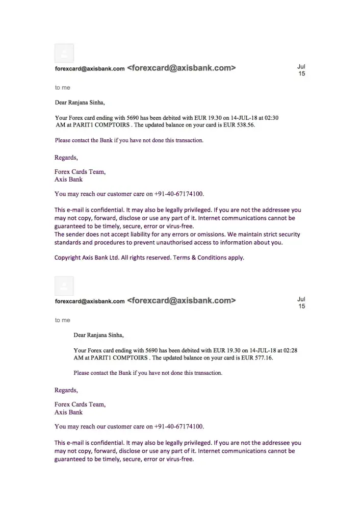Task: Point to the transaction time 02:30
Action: pyautogui.click(x=271, y=118)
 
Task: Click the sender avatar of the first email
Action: pyautogui.click(x=64, y=53)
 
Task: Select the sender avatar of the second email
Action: pyautogui.click(x=64, y=286)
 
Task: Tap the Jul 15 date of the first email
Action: pyautogui.click(x=301, y=70)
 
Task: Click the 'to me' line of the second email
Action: pyautogui.click(x=63, y=320)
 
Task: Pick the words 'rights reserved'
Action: pyautogui.click(x=150, y=258)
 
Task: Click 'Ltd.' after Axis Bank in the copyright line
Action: pyautogui.click(x=114, y=258)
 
